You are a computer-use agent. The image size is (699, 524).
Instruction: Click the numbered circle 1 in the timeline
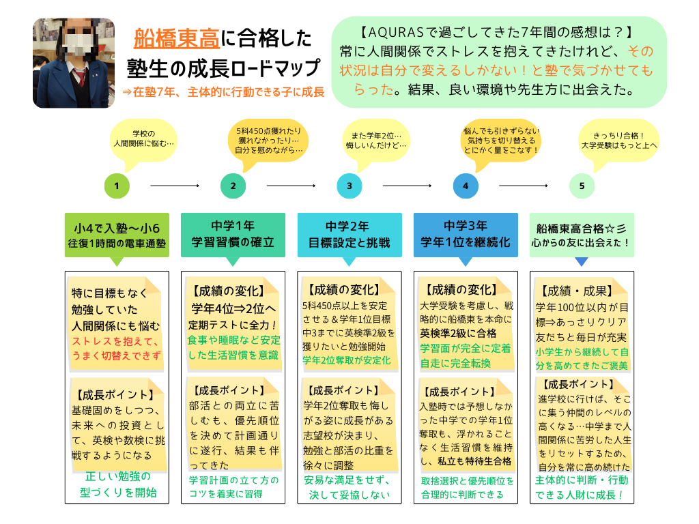point(117,186)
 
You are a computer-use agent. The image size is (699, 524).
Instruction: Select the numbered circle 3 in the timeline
point(349,186)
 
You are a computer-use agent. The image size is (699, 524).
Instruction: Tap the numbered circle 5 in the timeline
point(582,186)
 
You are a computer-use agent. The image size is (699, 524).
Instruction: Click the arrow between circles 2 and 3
point(291,186)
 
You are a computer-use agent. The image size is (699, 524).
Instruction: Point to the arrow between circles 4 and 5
point(524,186)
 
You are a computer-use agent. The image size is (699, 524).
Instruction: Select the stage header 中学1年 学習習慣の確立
point(233,234)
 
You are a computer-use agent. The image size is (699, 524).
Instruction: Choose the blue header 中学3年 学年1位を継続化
point(466,234)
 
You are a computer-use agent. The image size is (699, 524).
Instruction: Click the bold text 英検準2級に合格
point(458,334)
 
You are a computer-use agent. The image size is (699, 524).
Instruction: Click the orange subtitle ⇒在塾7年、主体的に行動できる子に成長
point(223,91)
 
